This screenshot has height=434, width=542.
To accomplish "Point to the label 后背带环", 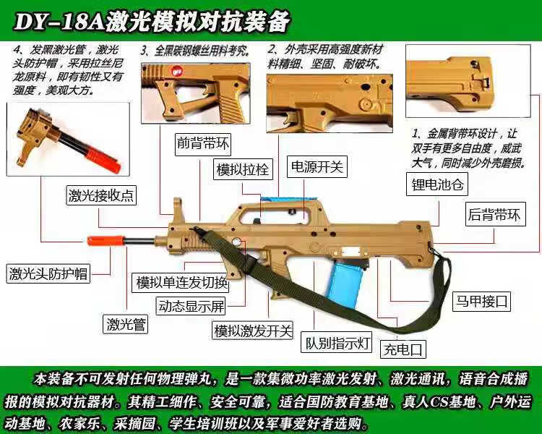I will pos(494,214).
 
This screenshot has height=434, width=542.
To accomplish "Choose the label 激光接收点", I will pos(101,195).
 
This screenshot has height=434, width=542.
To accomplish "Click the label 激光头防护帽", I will pos(48,273).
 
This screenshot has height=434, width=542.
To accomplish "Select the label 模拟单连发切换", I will pos(182,282).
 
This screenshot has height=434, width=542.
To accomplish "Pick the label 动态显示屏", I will pos(192,306).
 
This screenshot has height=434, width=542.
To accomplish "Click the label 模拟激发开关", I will pos(252,331).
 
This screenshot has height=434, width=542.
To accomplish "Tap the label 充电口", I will pos(403,349).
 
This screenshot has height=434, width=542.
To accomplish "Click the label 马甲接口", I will pos(481,299).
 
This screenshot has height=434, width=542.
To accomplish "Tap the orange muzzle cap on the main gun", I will pos(98,240).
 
